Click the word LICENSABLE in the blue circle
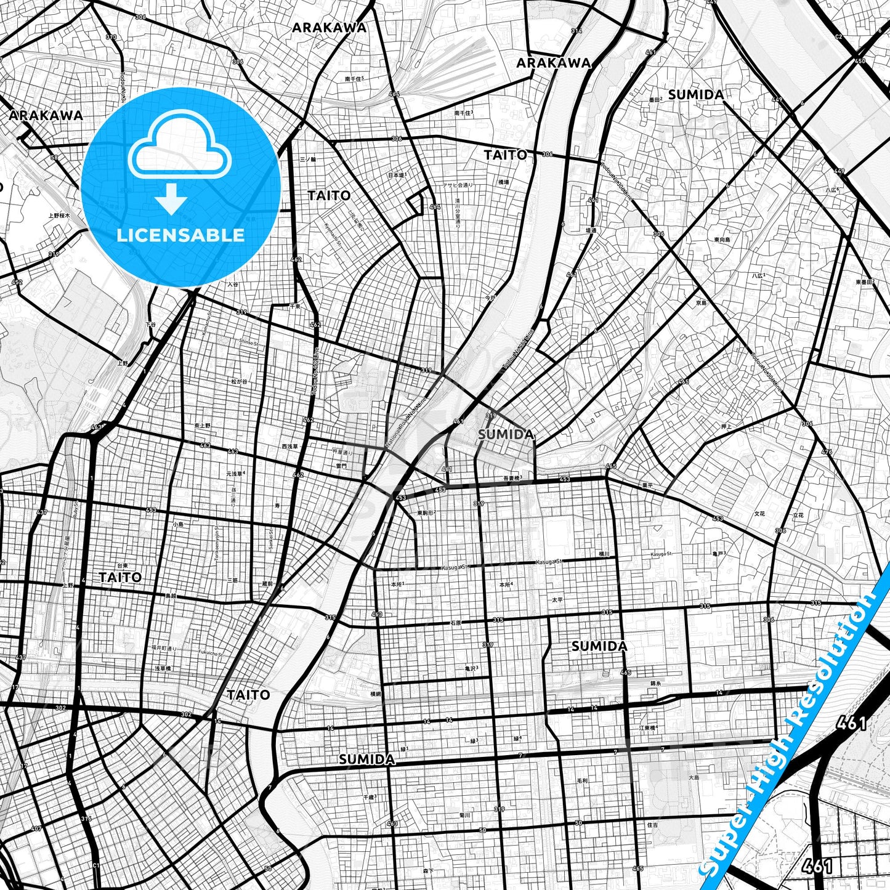180,235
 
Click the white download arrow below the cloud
171,200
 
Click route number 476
826,452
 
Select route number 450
860,61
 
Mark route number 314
576,30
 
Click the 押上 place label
727,426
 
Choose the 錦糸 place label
655,684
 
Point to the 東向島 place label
722,239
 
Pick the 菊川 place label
465,815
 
